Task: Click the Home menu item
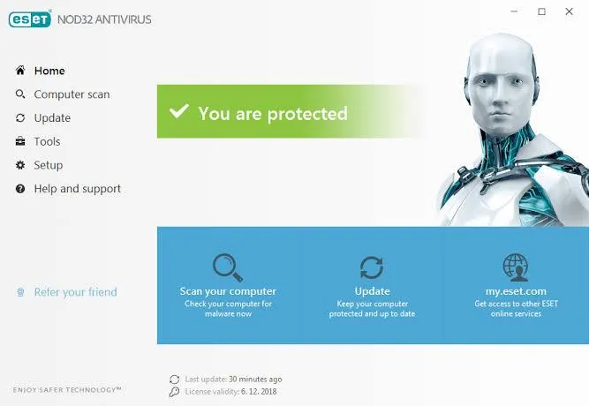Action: pyautogui.click(x=49, y=71)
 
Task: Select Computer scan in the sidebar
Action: pyautogui.click(x=72, y=94)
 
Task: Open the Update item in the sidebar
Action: pyautogui.click(x=52, y=118)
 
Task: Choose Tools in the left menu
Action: pyautogui.click(x=47, y=141)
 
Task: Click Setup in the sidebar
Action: pyautogui.click(x=48, y=165)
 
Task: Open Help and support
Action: pyautogui.click(x=77, y=189)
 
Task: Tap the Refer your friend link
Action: pyautogui.click(x=75, y=292)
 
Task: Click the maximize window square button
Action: pyautogui.click(x=541, y=11)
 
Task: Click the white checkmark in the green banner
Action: pyautogui.click(x=179, y=112)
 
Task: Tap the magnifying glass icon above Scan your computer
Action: pyautogui.click(x=227, y=267)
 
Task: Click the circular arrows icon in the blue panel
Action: pyautogui.click(x=372, y=267)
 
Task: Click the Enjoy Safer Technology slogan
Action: pyautogui.click(x=67, y=389)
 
